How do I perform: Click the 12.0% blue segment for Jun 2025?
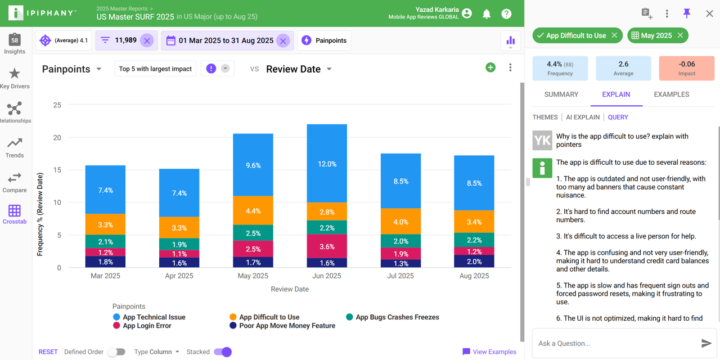tap(327, 164)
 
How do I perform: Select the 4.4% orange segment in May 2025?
tap(253, 211)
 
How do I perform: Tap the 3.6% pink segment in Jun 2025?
tap(327, 246)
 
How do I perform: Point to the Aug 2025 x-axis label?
tap(474, 276)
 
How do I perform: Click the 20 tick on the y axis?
tap(57, 138)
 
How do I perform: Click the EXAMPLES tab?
tap(671, 94)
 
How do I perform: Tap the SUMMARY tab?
tap(561, 94)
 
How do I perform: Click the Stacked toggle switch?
tap(223, 352)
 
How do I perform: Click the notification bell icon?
tap(487, 13)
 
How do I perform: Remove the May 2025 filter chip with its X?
tap(680, 35)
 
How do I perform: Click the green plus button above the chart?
tap(490, 67)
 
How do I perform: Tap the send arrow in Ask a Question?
tap(706, 343)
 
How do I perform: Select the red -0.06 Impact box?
tap(686, 68)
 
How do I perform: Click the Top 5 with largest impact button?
tap(155, 69)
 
